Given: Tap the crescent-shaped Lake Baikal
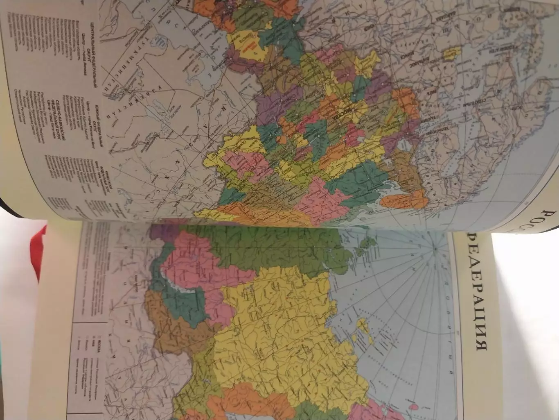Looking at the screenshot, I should click(176, 283).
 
